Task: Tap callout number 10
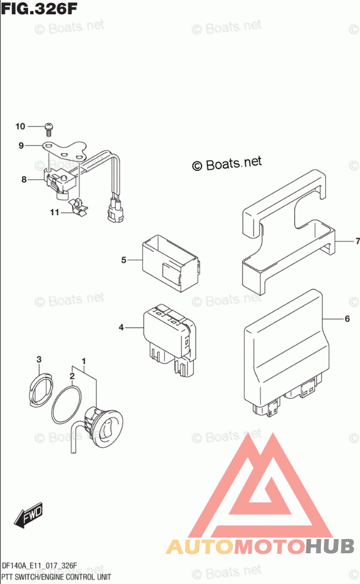21,126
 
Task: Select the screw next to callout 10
49,126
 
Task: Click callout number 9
21,145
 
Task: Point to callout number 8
24,179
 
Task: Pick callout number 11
54,212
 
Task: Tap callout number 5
124,259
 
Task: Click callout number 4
121,327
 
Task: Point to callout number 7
357,241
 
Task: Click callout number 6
348,319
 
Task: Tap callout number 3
39,359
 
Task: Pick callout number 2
72,375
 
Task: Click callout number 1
84,361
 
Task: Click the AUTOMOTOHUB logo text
260,546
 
